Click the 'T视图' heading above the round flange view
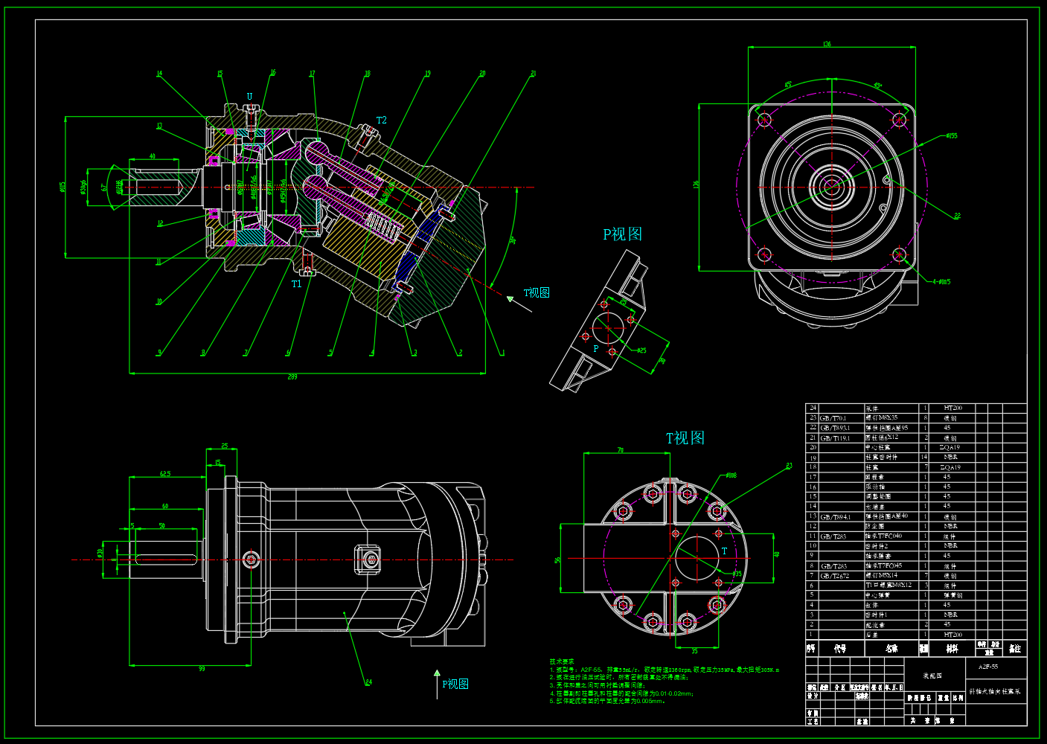685,438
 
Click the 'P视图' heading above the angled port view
622,234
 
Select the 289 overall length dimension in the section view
292,377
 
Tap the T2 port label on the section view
381,120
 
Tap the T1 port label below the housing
297,283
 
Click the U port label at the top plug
249,97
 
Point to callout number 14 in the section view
159,74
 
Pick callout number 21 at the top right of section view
533,74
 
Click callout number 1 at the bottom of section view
502,353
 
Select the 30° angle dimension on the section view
513,240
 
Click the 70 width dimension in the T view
620,450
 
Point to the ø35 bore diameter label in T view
736,574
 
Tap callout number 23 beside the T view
789,466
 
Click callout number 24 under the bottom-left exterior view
368,682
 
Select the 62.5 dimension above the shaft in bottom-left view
165,473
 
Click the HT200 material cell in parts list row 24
952,408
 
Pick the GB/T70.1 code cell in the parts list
833,418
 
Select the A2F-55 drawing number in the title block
988,667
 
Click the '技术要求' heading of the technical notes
562,661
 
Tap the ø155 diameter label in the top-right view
952,136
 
